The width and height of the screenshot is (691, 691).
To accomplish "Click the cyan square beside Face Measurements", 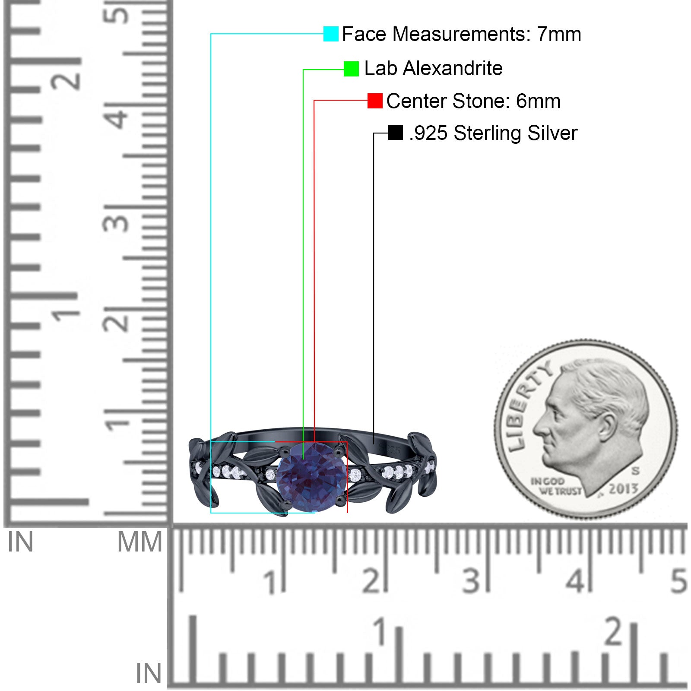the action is pos(331,34).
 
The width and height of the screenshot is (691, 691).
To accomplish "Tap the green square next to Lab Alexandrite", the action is pos(351,69).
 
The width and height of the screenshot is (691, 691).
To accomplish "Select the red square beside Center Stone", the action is pos(375,101).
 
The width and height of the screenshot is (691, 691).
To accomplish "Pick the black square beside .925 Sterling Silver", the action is pos(395,133).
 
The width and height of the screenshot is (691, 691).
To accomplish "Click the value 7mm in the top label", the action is pos(559,34).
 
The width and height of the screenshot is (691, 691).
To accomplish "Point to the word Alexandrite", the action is pos(453,68).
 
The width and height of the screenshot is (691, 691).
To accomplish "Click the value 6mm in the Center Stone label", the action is pos(538,101).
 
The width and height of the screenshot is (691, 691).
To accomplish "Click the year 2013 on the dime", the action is pos(623,488).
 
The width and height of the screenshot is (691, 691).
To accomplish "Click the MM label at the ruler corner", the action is pos(139,542).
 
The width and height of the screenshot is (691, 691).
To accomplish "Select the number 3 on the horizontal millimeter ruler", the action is pos(471,581).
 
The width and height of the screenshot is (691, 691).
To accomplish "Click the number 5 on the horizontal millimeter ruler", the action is pos(678,581).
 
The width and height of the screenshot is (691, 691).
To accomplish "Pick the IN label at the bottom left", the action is pos(148,674).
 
